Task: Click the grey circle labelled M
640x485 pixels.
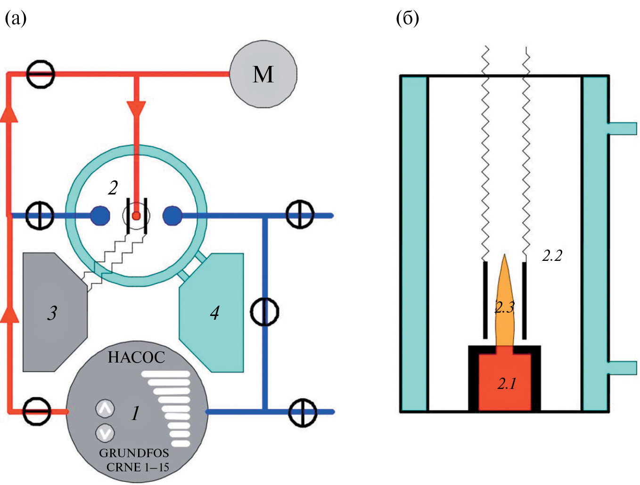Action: coord(263,74)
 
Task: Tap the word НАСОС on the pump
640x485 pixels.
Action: coord(136,357)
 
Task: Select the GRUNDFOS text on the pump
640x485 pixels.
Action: coord(134,453)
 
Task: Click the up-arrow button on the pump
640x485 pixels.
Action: coord(105,408)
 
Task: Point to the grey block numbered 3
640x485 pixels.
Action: coord(53,313)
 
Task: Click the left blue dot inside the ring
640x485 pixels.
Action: coord(100,216)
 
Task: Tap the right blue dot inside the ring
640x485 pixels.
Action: coord(172,216)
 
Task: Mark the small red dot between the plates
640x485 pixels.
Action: coord(136,216)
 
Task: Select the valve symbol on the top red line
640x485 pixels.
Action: coord(40,74)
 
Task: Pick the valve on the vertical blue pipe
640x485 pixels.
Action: coord(264,312)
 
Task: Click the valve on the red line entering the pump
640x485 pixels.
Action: coord(37,412)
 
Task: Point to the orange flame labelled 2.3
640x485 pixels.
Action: coord(504,301)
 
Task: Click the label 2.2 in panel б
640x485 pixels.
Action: coord(552,256)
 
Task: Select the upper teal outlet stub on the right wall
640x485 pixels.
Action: coord(622,128)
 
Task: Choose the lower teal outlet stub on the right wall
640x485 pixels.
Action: coord(622,368)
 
